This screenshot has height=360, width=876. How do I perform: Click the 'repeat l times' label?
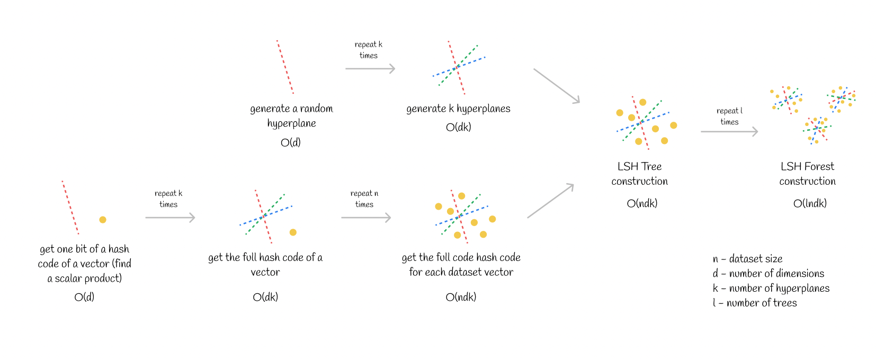point(729,116)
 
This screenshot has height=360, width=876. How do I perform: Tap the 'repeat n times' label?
point(364,199)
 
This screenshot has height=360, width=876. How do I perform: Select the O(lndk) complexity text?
point(810,203)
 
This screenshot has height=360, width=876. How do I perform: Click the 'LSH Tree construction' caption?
point(640,174)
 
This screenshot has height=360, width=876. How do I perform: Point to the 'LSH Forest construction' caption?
point(808,174)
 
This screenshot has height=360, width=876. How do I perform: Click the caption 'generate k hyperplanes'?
point(458,109)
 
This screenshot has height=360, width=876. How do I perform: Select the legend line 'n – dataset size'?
point(747,259)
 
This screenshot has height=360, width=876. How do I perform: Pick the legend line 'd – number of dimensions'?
point(768,273)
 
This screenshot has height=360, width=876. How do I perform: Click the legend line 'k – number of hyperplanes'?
point(771,288)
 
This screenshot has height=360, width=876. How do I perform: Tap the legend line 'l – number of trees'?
point(755,302)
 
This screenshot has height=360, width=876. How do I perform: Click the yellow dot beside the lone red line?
point(103,220)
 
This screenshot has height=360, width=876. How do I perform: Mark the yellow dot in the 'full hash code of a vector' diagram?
point(293,232)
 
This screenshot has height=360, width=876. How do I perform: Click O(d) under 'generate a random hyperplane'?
point(291,142)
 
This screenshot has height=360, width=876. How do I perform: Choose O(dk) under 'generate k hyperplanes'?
point(458,127)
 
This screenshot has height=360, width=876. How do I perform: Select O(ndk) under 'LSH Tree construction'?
point(642,203)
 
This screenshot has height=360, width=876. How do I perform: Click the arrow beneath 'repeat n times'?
point(366,218)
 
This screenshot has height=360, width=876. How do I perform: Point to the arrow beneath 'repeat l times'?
point(729,132)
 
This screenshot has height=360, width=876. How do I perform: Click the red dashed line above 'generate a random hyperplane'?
point(285,67)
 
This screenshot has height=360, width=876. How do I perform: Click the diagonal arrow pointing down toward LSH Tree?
point(557,86)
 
